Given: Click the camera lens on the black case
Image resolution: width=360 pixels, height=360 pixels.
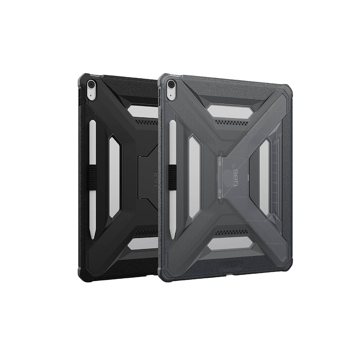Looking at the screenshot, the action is [x=91, y=84].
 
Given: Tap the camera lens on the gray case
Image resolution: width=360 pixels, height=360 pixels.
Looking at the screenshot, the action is [x=171, y=84].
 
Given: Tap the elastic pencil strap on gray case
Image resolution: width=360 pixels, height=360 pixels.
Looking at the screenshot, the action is [x=173, y=177].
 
